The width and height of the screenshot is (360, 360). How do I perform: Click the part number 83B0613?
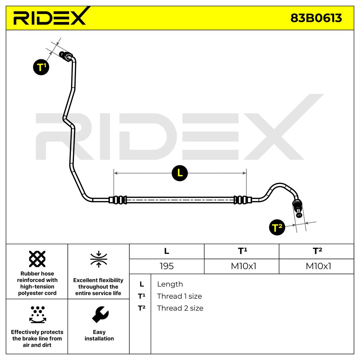pos(316,18)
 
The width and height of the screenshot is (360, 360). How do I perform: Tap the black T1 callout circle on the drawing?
pos(41,67)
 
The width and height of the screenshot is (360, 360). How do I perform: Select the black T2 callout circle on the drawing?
pos(277,227)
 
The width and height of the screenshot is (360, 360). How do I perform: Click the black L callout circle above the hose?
pos(180,173)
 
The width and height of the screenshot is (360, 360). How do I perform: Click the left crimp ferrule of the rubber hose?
pos(118,199)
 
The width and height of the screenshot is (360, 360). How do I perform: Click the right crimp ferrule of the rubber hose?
pos(242,199)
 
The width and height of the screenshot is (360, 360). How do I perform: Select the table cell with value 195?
pos(166,266)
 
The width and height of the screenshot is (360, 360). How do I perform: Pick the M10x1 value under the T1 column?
pos(243,266)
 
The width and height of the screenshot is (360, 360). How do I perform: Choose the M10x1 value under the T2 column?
pos(318,266)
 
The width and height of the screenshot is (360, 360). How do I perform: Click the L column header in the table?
pos(166,251)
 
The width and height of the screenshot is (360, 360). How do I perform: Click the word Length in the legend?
pos(170,284)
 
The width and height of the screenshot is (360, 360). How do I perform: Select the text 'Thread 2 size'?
pos(180,308)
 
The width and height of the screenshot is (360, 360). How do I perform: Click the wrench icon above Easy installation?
pos(100,315)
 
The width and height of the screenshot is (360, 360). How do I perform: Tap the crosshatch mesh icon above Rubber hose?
pos(37,259)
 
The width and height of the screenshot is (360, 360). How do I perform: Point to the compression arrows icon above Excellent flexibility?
pos(99,259)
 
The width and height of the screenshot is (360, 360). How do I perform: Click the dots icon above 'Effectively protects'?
pos(38,315)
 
